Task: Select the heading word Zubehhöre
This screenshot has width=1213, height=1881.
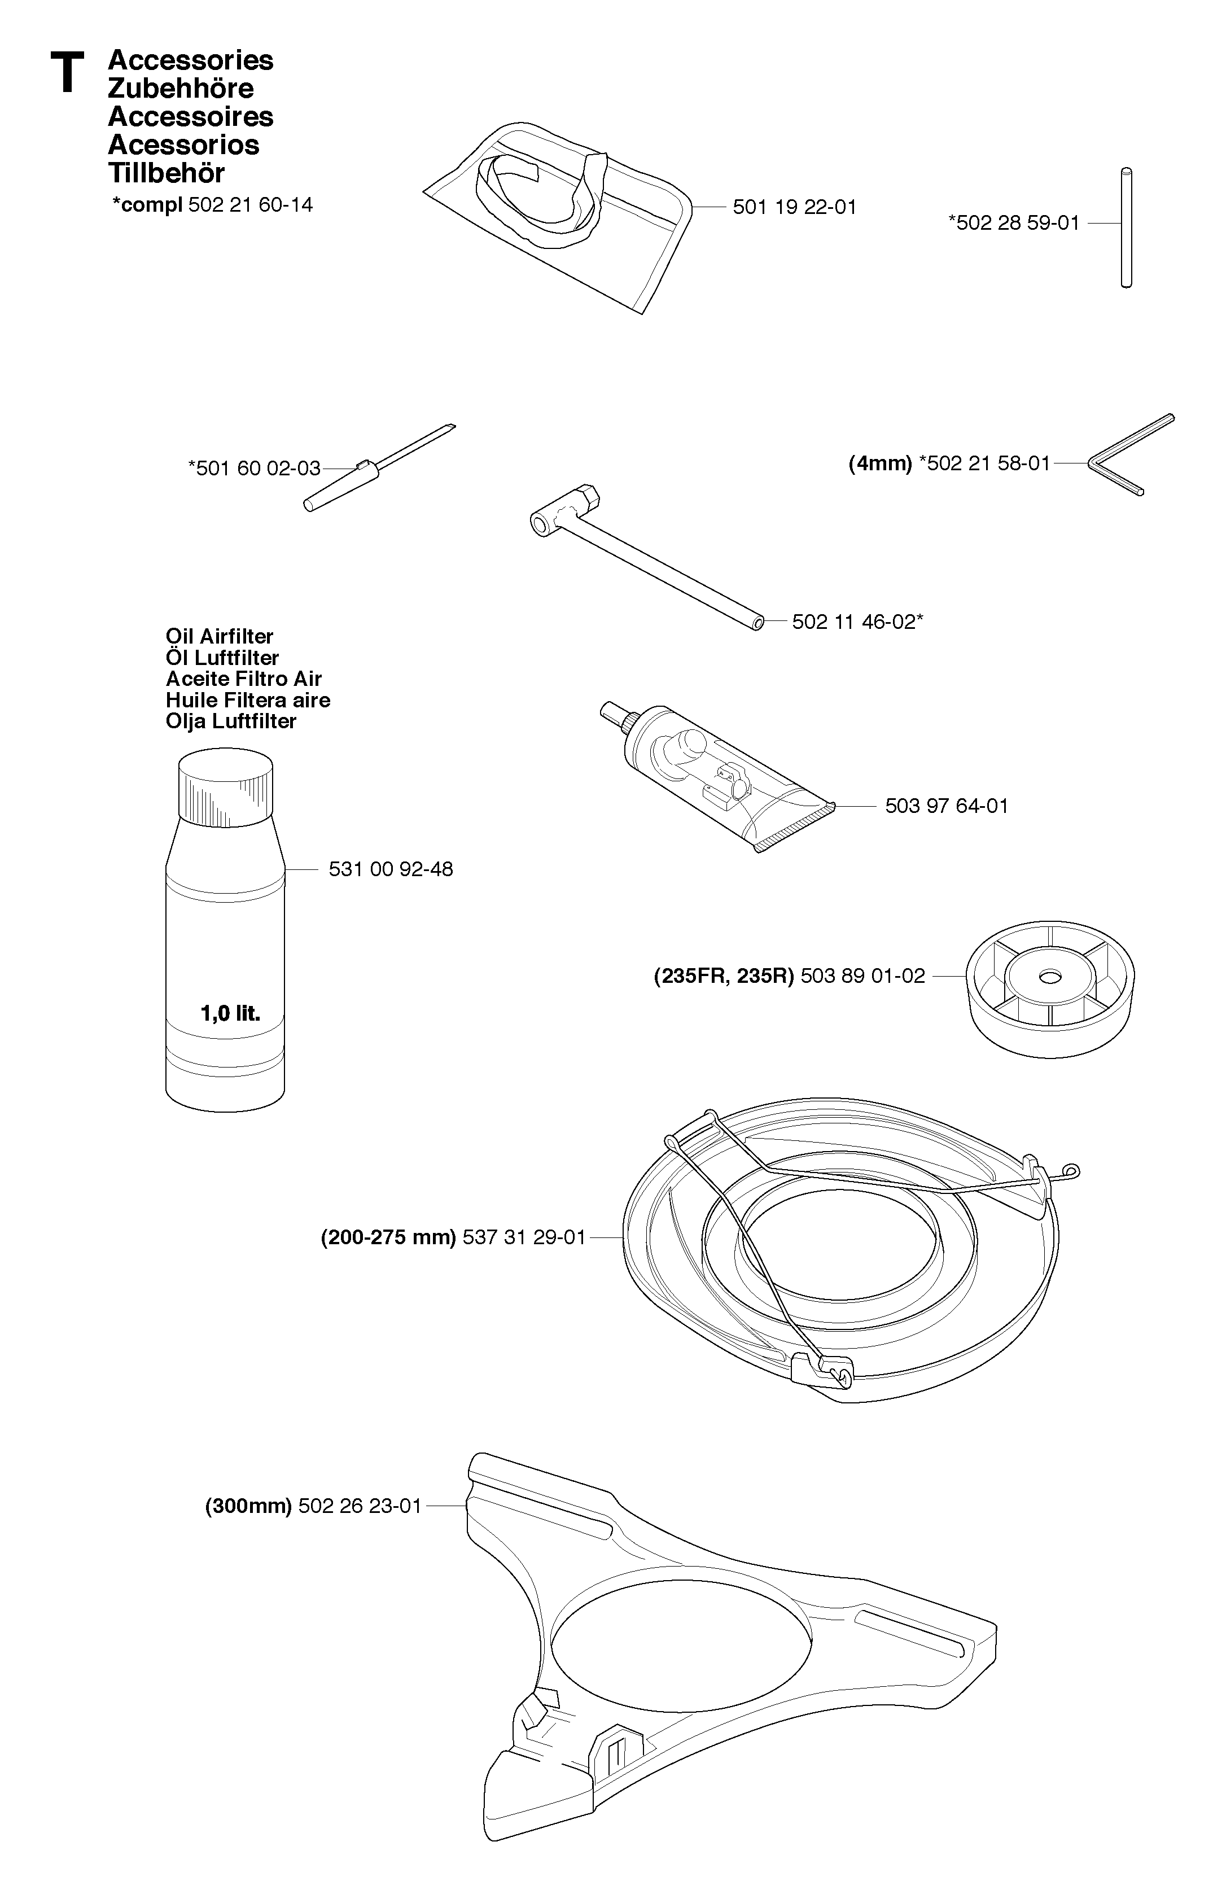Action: (x=181, y=88)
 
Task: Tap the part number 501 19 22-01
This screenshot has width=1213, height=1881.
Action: (x=794, y=207)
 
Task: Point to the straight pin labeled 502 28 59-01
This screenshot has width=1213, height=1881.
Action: (x=1127, y=227)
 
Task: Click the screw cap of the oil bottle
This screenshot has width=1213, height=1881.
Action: (x=225, y=785)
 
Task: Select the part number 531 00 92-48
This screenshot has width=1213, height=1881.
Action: (x=391, y=869)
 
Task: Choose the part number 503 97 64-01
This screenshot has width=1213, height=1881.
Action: (x=947, y=806)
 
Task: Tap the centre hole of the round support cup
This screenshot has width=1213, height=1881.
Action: (x=1049, y=977)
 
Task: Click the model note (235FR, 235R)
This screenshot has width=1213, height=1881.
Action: (x=724, y=977)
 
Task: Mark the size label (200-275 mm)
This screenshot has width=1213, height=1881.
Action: (x=388, y=1237)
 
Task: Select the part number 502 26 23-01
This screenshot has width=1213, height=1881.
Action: (x=361, y=1506)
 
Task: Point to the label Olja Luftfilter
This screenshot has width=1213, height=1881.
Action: (x=231, y=721)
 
